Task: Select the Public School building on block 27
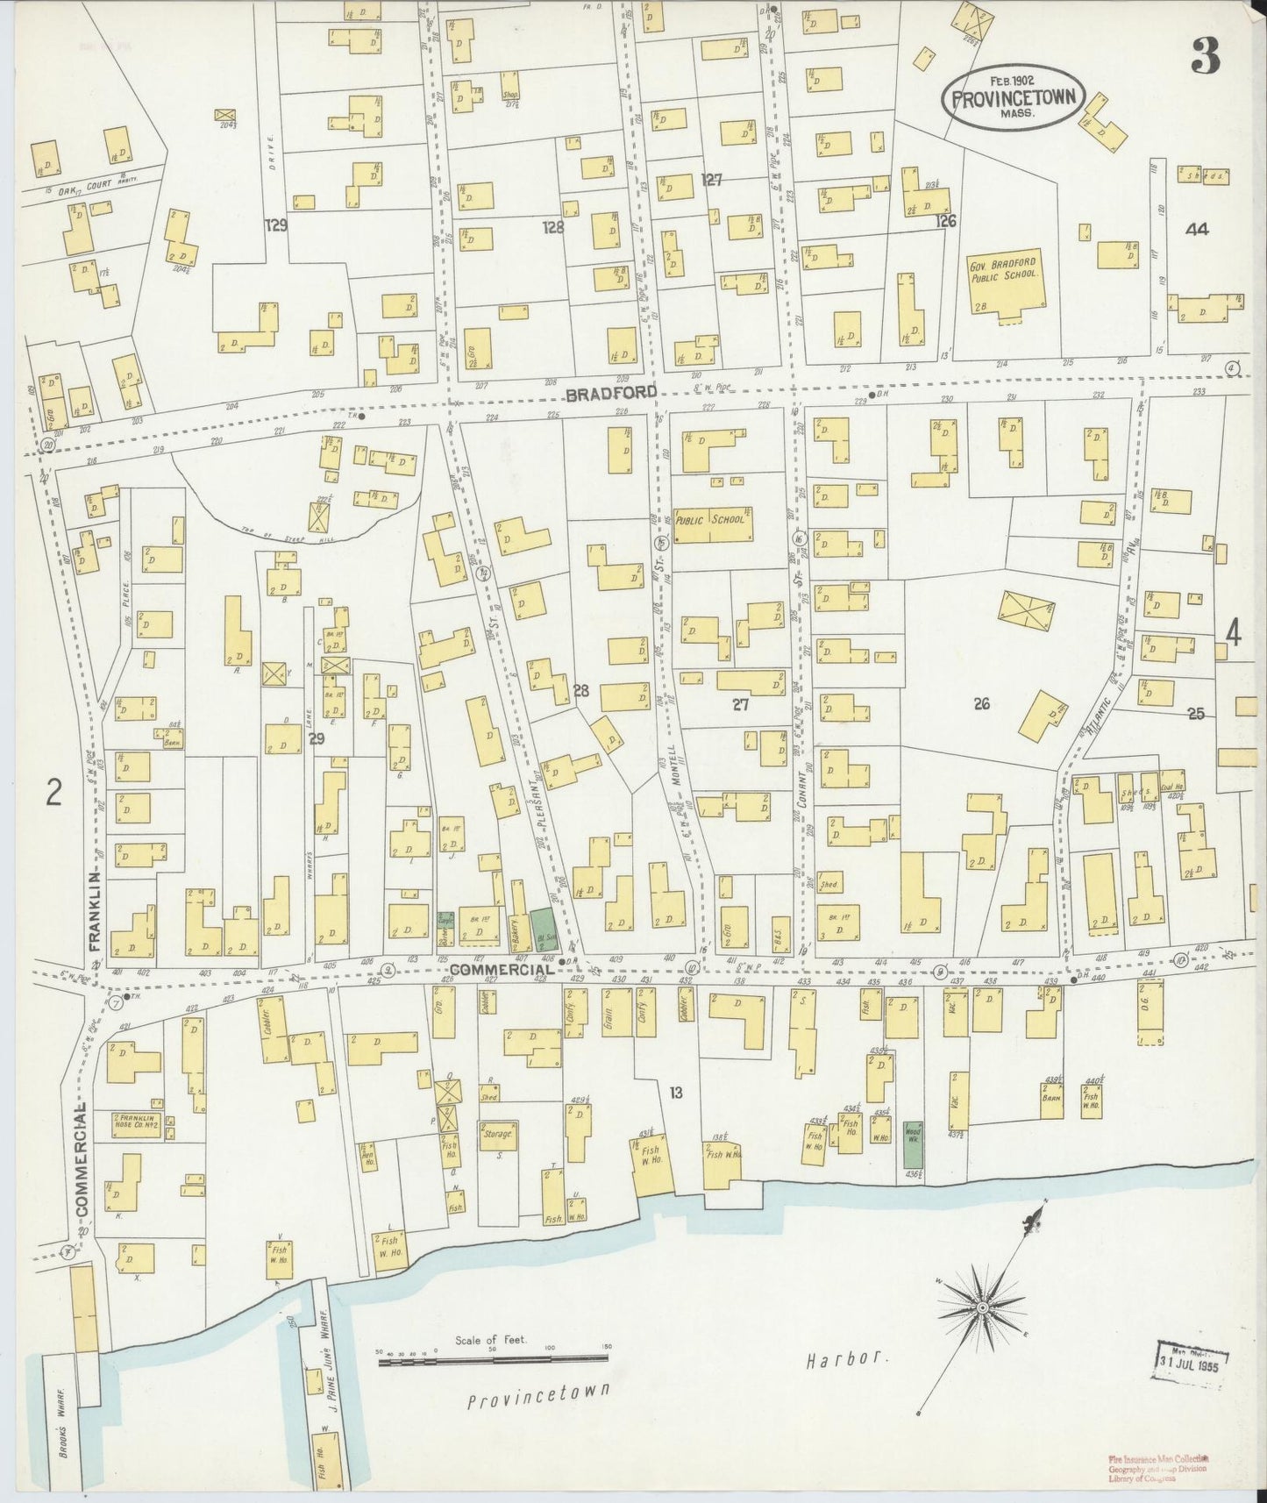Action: [x=711, y=523]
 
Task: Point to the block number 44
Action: [x=1195, y=230]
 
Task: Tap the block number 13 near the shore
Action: [x=675, y=1093]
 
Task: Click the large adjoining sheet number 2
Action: [x=54, y=794]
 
